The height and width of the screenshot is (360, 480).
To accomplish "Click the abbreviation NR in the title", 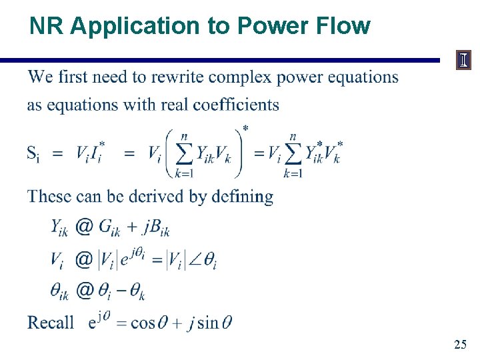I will (x=47, y=26).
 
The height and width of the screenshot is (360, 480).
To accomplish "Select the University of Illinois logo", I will (x=463, y=61).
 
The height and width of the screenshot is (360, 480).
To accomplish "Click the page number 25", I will (x=459, y=345).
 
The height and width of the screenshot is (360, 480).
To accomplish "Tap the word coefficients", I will (x=228, y=105).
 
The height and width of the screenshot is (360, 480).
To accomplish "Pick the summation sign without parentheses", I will (x=292, y=153).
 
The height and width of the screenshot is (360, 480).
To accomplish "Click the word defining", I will (x=242, y=197).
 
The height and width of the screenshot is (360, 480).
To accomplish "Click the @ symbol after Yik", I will (x=84, y=227).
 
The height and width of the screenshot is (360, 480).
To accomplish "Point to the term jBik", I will (x=155, y=229).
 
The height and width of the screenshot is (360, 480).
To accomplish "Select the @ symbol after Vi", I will (x=84, y=259).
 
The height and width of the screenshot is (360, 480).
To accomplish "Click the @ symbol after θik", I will (x=84, y=291).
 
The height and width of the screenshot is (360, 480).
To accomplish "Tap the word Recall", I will (x=51, y=323).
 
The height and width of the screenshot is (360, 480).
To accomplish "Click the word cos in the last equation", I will (x=143, y=323).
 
